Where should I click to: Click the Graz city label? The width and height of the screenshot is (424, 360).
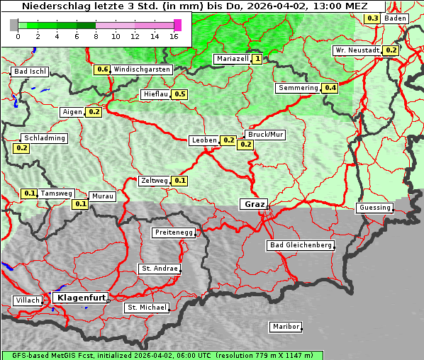click(254, 204)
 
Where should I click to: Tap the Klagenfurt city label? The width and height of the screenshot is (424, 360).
click(79, 298)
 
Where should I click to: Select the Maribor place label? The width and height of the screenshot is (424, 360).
click(285, 327)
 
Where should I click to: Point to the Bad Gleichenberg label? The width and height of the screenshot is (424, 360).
click(300, 245)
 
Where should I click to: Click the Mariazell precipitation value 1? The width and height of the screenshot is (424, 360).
click(257, 59)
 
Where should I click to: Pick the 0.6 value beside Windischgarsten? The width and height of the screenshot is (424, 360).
click(102, 69)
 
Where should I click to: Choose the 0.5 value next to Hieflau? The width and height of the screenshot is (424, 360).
click(179, 94)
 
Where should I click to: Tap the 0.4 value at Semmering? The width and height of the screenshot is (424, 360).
click(329, 88)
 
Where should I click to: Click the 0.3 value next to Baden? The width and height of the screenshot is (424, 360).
click(372, 18)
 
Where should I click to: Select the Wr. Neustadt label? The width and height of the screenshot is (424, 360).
click(357, 50)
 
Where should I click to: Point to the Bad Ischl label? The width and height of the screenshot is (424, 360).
click(30, 72)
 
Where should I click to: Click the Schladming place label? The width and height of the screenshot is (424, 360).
click(44, 138)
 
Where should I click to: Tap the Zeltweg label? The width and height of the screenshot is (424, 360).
click(154, 181)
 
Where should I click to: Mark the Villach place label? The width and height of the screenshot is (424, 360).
click(27, 300)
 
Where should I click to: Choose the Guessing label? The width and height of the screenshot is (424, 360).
click(374, 208)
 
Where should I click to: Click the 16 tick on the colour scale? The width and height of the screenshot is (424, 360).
click(174, 35)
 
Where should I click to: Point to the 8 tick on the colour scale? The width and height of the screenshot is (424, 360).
click(96, 35)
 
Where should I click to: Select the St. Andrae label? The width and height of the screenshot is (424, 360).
click(158, 269)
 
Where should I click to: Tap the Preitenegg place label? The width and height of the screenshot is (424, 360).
click(173, 232)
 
